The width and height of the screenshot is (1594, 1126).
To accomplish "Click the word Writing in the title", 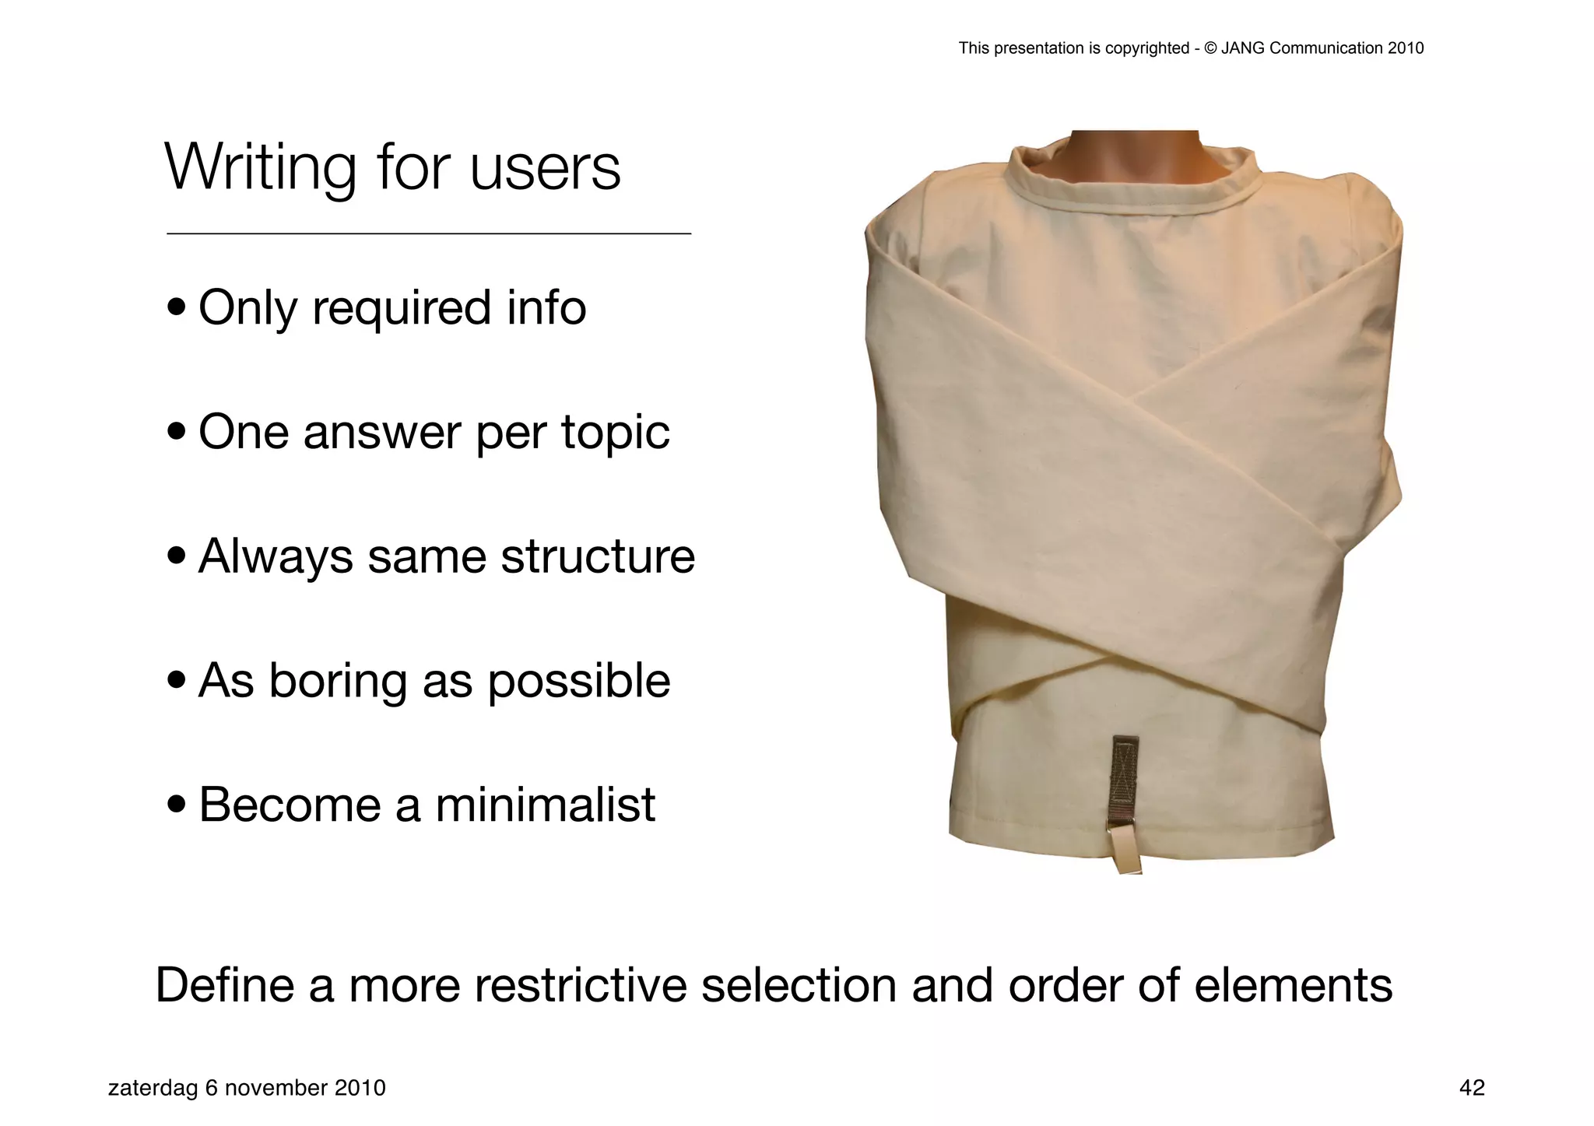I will (x=260, y=168).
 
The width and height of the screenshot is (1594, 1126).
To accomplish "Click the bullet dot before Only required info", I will (x=177, y=307).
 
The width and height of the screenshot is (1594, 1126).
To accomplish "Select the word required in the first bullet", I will (x=402, y=308).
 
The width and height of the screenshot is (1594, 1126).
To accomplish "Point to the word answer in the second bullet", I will (x=382, y=433).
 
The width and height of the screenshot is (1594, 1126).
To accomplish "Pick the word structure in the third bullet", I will (x=598, y=557).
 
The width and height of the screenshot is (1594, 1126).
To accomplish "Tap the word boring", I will (x=338, y=682).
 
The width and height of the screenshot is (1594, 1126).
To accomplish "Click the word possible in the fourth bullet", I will (x=578, y=682).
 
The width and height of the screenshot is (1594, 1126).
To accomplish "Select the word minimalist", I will (x=545, y=805).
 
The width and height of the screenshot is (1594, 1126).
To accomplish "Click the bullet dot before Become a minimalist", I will (x=177, y=805).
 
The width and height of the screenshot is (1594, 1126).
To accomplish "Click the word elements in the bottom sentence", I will (x=1293, y=985).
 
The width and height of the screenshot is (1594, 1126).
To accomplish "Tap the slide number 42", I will (x=1472, y=1088).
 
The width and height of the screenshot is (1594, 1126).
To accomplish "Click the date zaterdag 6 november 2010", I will (x=247, y=1088).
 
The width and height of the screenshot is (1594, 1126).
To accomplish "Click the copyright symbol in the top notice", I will (x=1210, y=48).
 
